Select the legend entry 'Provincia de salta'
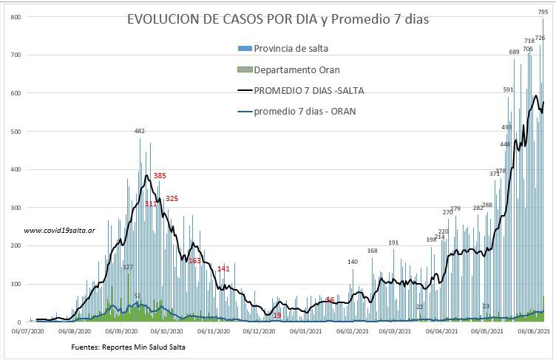point(291,49)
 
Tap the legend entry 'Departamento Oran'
point(296,69)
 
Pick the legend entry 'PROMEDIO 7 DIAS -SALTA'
point(308,91)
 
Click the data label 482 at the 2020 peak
point(139,131)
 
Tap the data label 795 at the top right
point(543,12)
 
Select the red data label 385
point(160,176)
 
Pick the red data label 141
point(223,269)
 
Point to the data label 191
point(393,242)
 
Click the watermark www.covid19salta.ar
point(59,231)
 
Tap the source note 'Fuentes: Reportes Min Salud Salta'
point(129,347)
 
